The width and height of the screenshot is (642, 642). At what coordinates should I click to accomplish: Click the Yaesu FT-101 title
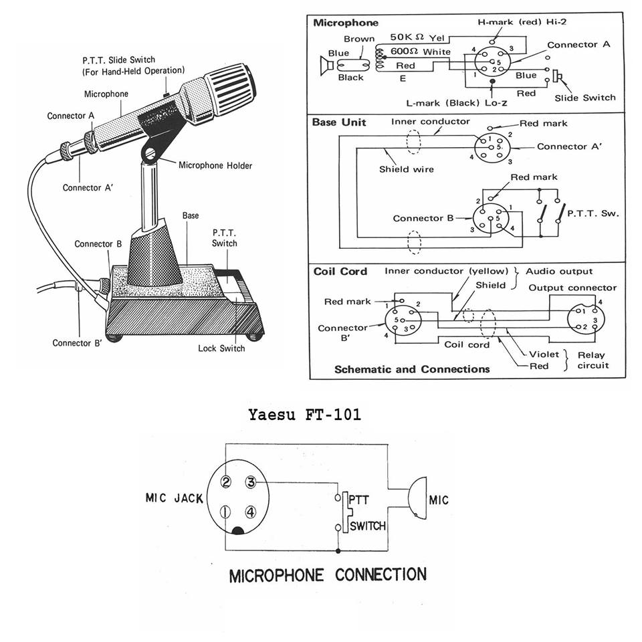[x=304, y=414]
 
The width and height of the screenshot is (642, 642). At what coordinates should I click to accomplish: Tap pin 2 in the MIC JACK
[x=226, y=482]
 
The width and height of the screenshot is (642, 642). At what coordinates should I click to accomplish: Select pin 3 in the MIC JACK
[x=249, y=482]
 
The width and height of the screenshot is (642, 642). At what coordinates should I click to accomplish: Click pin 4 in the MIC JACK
[x=250, y=512]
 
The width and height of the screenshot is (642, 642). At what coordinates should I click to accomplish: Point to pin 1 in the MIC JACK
[x=226, y=513]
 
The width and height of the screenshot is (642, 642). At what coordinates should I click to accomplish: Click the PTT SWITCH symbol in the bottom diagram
[x=345, y=513]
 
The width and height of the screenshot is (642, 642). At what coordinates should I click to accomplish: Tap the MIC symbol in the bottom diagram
[x=417, y=499]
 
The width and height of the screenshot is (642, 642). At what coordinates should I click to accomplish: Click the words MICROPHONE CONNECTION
[x=327, y=574]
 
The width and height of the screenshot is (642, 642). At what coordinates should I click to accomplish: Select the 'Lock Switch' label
[x=221, y=348]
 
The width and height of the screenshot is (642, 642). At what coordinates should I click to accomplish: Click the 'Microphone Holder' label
[x=215, y=165]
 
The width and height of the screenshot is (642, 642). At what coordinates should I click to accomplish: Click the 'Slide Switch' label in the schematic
[x=585, y=98]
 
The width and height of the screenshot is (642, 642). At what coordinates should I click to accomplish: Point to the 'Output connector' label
[x=573, y=288]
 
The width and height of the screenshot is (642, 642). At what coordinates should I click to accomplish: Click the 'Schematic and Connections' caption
[x=412, y=369]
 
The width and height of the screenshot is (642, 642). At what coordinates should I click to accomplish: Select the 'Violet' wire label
[x=544, y=354]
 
